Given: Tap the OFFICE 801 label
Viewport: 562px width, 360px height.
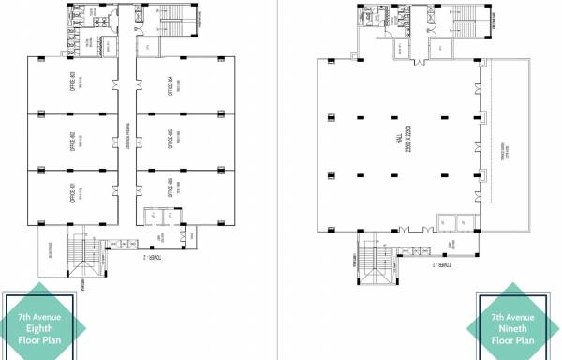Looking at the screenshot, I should point(72,194).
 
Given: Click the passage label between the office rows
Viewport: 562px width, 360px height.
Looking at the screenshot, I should point(126,141).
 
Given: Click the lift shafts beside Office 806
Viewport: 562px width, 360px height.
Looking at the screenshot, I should point(154,220).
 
